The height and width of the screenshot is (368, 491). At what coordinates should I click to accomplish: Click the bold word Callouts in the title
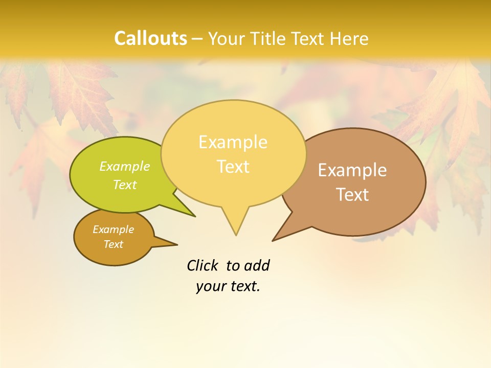150,38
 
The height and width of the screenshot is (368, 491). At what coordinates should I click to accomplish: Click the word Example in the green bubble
125,166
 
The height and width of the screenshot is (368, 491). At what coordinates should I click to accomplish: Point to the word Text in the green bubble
125,185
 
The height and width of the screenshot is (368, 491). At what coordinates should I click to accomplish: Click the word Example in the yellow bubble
233,142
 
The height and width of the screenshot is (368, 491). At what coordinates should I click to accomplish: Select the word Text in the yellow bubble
233,167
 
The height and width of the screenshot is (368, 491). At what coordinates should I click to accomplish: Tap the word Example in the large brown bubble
352,170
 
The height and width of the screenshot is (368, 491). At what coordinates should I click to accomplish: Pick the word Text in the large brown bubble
352,195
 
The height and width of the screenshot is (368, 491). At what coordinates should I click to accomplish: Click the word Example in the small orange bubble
113,229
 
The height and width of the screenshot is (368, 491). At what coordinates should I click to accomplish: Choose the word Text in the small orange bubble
113,244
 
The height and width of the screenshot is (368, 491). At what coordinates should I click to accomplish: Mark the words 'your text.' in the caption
228,286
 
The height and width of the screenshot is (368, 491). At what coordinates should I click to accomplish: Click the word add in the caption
257,265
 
